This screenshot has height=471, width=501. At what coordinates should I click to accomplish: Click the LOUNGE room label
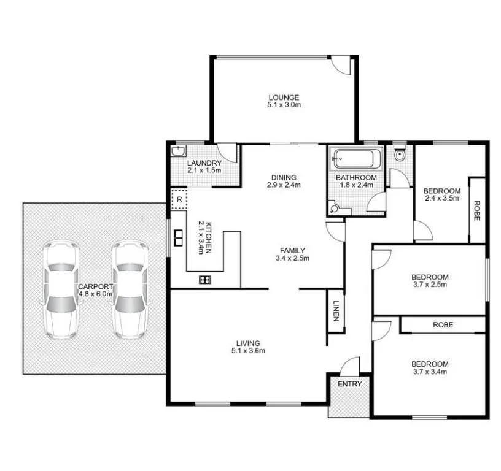point(283,97)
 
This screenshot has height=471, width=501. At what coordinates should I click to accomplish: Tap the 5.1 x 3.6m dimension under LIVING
point(249,351)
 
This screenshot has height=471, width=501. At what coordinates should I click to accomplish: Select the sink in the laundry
point(179,151)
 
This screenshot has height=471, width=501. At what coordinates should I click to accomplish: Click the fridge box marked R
point(179,199)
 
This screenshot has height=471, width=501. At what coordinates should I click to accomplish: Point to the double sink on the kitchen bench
point(179,237)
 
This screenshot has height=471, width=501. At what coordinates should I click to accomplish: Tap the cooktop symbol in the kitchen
point(205,280)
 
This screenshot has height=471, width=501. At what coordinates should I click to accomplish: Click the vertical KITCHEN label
point(208,238)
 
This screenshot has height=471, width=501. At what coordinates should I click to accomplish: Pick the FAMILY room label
point(292,250)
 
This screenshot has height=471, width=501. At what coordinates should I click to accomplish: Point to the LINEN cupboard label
point(336,311)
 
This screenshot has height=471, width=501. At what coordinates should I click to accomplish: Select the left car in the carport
point(61,289)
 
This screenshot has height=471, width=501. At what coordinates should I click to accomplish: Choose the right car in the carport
point(130,289)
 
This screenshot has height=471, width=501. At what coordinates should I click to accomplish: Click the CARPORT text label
point(95,286)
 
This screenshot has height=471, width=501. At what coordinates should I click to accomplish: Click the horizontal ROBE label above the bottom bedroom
point(443,325)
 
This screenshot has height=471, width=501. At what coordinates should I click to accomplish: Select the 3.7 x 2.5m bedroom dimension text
point(430,285)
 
